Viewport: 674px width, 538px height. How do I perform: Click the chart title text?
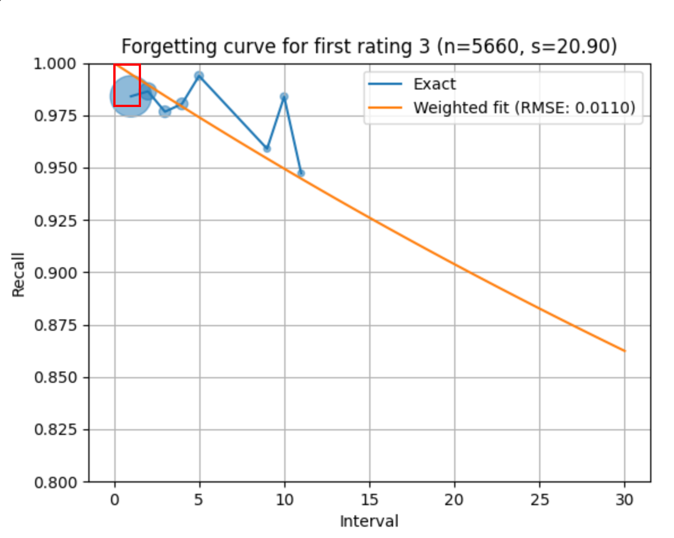369,46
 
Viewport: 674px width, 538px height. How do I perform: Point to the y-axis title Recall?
19,274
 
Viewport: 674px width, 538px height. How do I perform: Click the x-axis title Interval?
369,521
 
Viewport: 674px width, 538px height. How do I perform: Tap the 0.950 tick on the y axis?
59,168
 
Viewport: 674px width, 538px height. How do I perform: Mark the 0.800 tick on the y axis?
59,482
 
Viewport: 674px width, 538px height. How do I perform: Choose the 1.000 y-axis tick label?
59,64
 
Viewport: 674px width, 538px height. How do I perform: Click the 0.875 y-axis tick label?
59,325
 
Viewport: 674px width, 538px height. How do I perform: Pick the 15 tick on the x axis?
369,500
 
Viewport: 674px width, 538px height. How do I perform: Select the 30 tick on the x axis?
625,500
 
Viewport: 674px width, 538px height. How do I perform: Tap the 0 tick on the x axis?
115,500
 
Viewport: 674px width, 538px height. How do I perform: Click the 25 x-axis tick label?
539,500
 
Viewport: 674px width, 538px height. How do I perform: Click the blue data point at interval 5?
199,76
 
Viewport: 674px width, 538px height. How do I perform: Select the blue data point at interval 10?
284,97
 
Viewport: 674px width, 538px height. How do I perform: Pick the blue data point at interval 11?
301,173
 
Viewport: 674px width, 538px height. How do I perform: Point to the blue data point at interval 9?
267,148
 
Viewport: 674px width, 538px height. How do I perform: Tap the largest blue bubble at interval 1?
130,97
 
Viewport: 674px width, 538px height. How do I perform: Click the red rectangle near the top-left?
127,85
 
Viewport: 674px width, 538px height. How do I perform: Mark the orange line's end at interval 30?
624,351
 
